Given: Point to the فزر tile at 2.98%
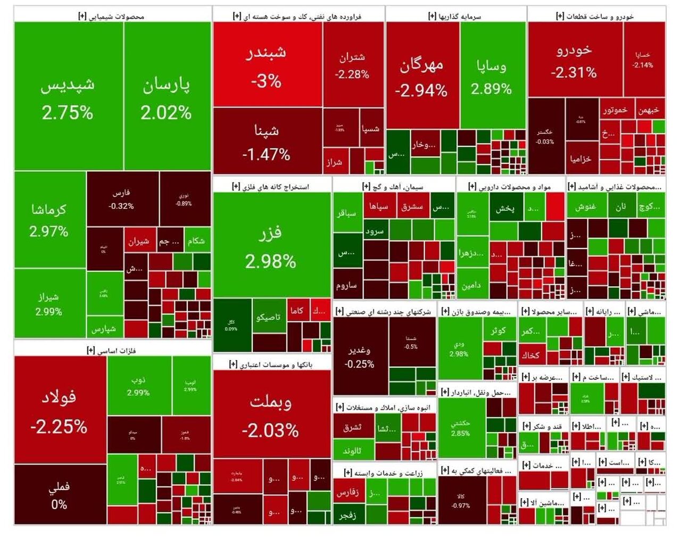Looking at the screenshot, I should [271, 246].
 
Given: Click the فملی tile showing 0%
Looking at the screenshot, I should [60, 495].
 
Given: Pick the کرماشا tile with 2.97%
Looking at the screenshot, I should [49, 219].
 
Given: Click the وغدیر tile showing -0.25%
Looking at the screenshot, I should [360, 357].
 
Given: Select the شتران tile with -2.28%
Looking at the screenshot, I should [353, 65].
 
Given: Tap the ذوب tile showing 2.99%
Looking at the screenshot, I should [139, 386].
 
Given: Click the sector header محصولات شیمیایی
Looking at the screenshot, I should [112, 16].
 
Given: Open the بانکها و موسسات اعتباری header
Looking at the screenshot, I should [271, 365].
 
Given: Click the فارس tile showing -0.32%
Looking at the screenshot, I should [122, 198].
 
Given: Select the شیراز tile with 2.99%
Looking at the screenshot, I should [49, 303].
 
